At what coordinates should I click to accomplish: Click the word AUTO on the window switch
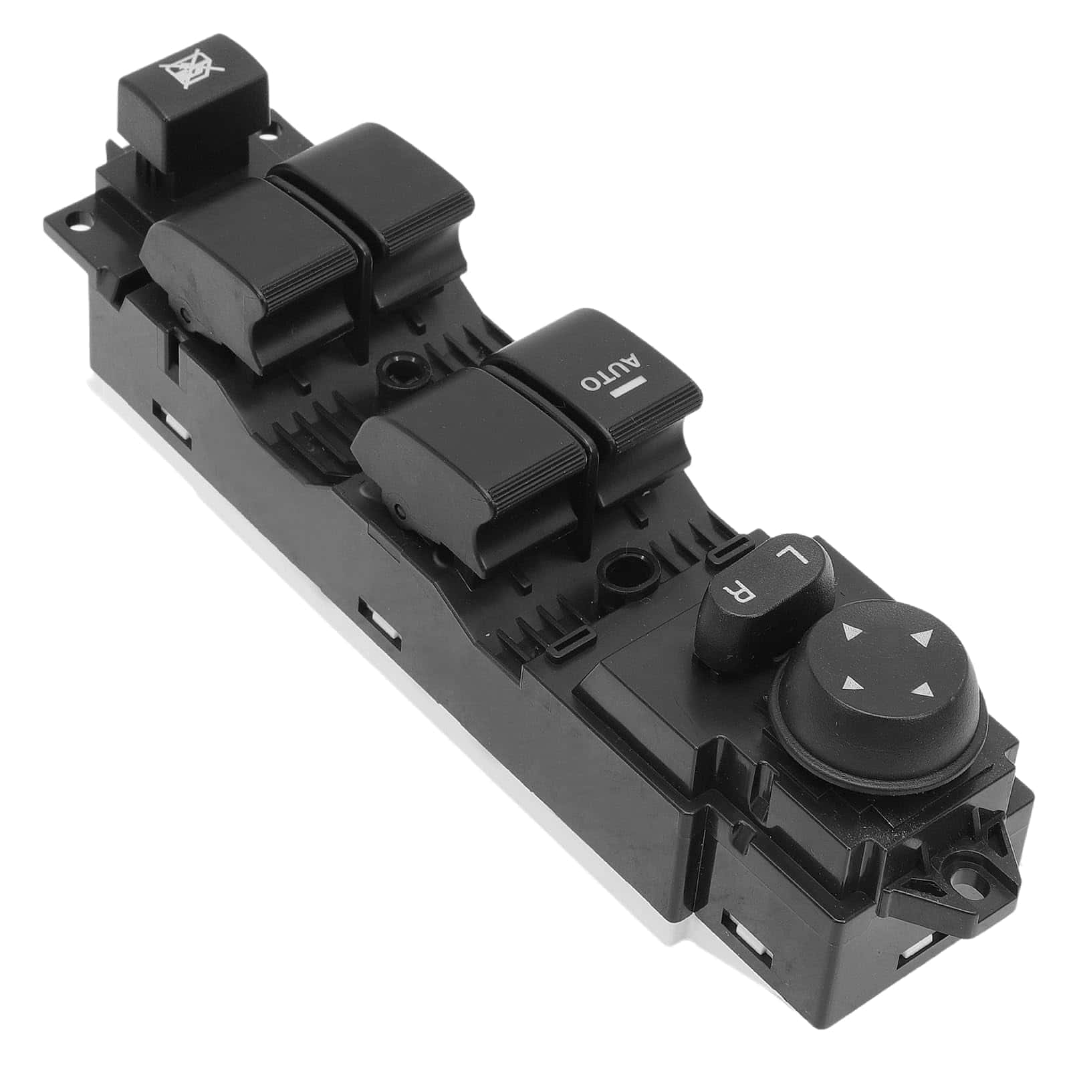click(x=610, y=373)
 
